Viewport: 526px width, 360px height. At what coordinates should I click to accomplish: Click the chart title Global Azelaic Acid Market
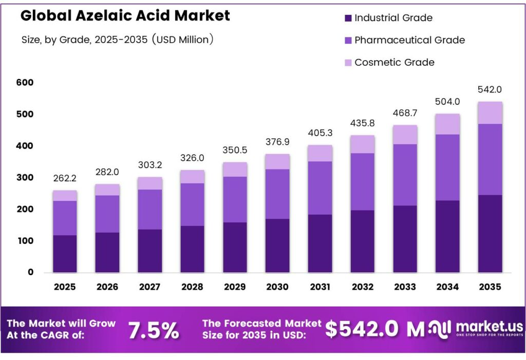(x=125, y=15)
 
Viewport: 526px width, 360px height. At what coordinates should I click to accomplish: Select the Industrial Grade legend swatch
(x=348, y=18)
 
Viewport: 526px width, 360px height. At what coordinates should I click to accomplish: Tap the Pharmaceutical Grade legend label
(x=409, y=40)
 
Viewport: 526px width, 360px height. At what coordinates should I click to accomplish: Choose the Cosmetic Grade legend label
(x=394, y=63)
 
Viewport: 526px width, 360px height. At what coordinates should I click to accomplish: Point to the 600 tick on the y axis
(x=25, y=83)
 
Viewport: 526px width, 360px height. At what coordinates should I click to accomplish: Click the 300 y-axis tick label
(x=25, y=178)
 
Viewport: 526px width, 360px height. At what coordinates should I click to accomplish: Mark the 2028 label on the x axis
(x=192, y=287)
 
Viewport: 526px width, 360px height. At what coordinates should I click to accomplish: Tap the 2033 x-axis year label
(x=405, y=287)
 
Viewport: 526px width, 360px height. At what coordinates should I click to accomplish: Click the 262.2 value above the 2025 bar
(x=65, y=179)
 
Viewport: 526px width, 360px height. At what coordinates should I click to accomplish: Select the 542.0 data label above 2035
(x=490, y=89)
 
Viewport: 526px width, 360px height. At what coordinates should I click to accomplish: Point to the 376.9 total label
(x=277, y=142)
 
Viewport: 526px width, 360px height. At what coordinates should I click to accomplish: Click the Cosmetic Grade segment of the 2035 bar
(x=490, y=113)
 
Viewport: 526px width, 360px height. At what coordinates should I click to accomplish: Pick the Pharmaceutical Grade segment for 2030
(x=277, y=194)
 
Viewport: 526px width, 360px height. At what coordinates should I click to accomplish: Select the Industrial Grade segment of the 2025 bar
(x=65, y=254)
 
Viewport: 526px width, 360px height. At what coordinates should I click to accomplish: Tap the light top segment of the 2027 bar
(x=150, y=183)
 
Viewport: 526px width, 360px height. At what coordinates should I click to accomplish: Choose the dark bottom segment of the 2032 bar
(x=363, y=241)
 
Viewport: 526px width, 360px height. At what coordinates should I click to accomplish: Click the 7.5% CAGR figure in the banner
(x=154, y=331)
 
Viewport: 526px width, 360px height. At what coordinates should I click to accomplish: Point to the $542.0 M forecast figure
(x=374, y=329)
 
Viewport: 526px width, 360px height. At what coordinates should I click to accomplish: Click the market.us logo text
(x=489, y=326)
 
